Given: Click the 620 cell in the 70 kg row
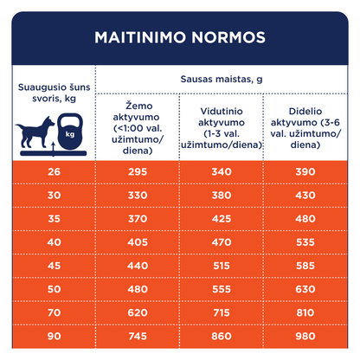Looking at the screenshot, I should (x=138, y=312).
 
